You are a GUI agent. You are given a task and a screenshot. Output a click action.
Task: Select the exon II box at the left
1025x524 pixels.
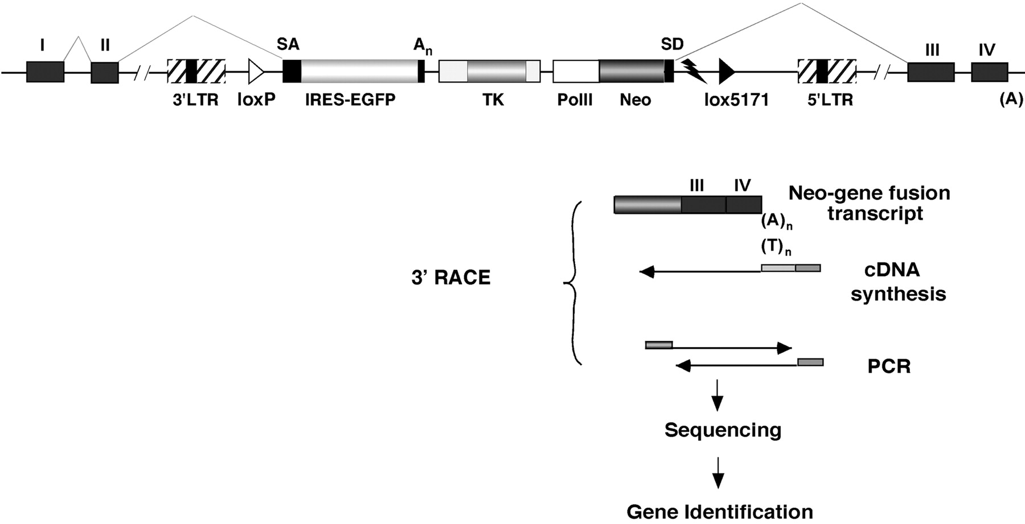[105, 72]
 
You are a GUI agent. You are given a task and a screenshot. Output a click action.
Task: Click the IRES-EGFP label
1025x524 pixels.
[350, 100]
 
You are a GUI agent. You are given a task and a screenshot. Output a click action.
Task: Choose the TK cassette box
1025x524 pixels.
[489, 72]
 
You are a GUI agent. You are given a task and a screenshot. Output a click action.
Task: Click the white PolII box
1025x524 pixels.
[576, 72]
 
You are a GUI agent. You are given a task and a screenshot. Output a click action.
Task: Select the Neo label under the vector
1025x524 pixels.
[635, 100]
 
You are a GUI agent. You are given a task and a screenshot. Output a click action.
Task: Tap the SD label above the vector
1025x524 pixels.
[672, 44]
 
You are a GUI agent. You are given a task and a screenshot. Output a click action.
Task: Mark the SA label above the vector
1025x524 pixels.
[288, 44]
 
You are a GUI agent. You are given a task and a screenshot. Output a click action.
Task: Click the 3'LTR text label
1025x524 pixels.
[195, 100]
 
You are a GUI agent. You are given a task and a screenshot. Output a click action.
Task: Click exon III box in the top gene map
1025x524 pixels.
[930, 72]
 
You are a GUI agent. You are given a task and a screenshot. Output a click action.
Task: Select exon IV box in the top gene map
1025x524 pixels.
[989, 72]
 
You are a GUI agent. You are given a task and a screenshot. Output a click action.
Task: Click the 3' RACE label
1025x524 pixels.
[451, 277]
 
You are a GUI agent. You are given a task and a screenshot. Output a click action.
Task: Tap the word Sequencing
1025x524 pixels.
[723, 430]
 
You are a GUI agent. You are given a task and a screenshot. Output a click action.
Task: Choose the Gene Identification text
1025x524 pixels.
[720, 511]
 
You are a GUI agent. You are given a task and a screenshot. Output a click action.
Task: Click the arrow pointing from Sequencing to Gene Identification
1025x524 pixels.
[718, 472]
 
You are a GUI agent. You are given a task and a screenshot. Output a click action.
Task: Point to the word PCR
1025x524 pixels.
[889, 366]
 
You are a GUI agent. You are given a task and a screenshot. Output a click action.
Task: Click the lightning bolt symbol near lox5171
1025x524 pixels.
[694, 71]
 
